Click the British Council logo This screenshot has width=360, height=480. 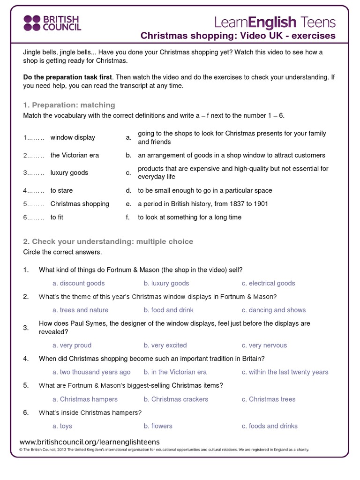point(52,22)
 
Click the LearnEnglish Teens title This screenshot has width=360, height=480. point(275,22)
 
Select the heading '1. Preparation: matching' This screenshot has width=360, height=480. point(69,105)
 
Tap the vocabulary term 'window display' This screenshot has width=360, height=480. point(73,137)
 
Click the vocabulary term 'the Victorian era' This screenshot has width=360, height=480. point(75,155)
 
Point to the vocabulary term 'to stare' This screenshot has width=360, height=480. point(61,191)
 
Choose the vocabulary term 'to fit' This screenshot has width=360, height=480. point(57,217)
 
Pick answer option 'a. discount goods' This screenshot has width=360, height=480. point(78,283)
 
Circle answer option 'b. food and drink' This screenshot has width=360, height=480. point(169,310)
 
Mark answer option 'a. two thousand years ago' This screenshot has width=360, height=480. point(91,372)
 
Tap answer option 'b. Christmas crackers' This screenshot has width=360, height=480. point(176,399)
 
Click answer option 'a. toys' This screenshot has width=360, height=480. point(62,426)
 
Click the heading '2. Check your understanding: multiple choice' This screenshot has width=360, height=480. point(108,241)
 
